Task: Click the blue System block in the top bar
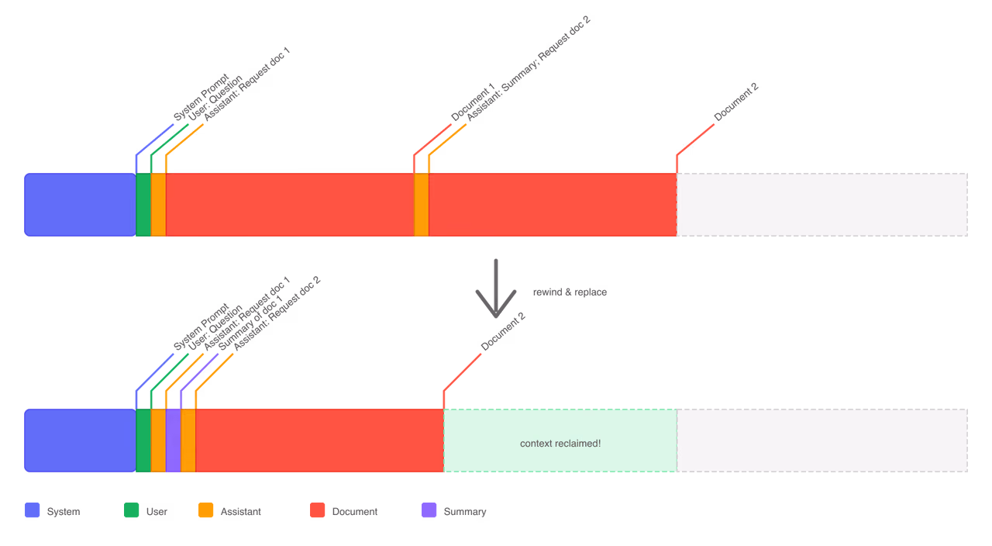tap(80, 205)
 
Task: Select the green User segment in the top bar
tap(143, 205)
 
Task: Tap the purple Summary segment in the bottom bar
tap(173, 441)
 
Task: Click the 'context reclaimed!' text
tap(560, 443)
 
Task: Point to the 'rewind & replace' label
tap(570, 292)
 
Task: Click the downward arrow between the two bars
tap(496, 288)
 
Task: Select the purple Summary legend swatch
tap(429, 510)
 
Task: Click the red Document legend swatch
tap(318, 510)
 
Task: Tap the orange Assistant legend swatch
tap(206, 510)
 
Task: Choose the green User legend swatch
tap(132, 510)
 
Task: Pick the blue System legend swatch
tap(33, 510)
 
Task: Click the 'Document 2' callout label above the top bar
tap(736, 102)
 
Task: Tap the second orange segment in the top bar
tap(422, 205)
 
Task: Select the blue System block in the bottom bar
tap(80, 441)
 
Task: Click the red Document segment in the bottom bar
tap(320, 441)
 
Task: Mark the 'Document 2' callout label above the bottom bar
tap(503, 331)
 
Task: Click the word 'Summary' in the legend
tap(465, 511)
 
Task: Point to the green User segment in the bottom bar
tap(143, 441)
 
